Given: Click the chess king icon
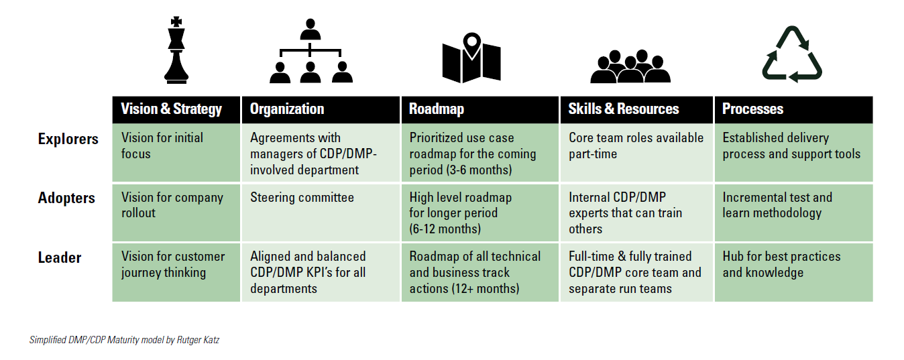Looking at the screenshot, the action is point(176,50).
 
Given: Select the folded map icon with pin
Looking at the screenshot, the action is point(471,57).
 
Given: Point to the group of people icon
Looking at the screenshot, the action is point(630,66).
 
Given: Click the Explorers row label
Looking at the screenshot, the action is point(68,139).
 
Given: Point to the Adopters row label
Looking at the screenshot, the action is point(66,198).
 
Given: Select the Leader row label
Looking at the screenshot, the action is point(60,258).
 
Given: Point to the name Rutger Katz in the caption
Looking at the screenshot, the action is point(198,340).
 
